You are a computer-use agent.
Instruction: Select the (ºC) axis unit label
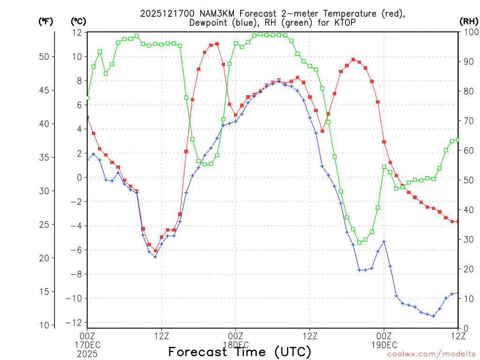[78, 21]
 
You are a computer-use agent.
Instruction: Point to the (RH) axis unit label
[468, 21]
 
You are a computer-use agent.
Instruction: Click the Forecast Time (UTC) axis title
[240, 352]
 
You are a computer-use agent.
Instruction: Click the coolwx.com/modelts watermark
[431, 354]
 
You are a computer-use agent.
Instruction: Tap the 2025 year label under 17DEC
[87, 353]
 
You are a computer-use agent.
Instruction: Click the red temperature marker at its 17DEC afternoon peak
[217, 44]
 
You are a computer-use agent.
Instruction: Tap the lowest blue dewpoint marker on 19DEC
[434, 316]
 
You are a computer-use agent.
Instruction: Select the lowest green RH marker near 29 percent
[360, 242]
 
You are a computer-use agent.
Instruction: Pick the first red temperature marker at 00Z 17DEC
[87, 118]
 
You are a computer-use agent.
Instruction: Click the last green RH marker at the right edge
[458, 139]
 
